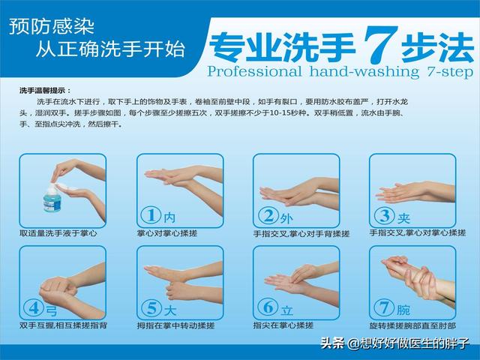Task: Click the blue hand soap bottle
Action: [52, 198]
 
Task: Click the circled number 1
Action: [151, 215]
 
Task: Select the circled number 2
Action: [268, 215]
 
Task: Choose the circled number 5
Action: [151, 307]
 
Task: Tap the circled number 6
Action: [268, 307]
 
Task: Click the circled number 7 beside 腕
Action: [384, 307]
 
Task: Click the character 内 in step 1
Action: [169, 217]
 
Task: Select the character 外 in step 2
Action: [286, 218]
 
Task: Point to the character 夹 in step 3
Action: [403, 218]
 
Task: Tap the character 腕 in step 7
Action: [403, 310]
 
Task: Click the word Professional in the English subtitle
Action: [254, 72]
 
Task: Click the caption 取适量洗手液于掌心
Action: [58, 233]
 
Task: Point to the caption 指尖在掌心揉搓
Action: [283, 325]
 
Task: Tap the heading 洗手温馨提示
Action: [45, 91]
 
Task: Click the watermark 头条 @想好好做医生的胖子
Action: [395, 343]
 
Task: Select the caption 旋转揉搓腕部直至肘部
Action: [412, 325]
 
